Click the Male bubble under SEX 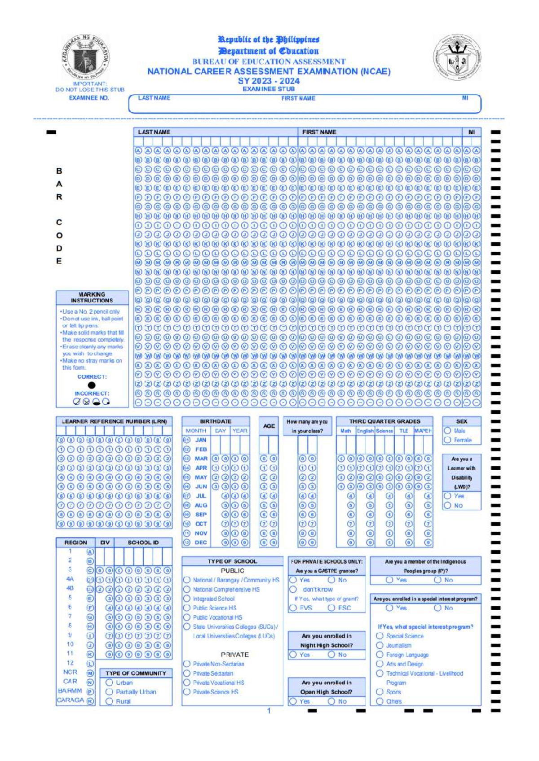[447, 431]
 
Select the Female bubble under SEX [447, 440]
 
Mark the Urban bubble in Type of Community [109, 682]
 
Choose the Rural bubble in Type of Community [109, 701]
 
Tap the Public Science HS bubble [187, 608]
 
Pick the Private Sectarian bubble [187, 673]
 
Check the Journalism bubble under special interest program [380, 645]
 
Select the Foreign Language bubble [380, 655]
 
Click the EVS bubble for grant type [293, 608]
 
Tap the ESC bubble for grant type [331, 608]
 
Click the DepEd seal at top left [86, 58]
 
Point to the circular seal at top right [457, 58]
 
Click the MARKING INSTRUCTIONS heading [92, 297]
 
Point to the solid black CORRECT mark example [92, 385]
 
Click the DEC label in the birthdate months [201, 542]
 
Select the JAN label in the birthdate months [201, 440]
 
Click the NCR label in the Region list [70, 672]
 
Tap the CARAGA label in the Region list [70, 700]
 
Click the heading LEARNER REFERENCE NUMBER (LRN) [114, 422]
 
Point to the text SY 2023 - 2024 [269, 81]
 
